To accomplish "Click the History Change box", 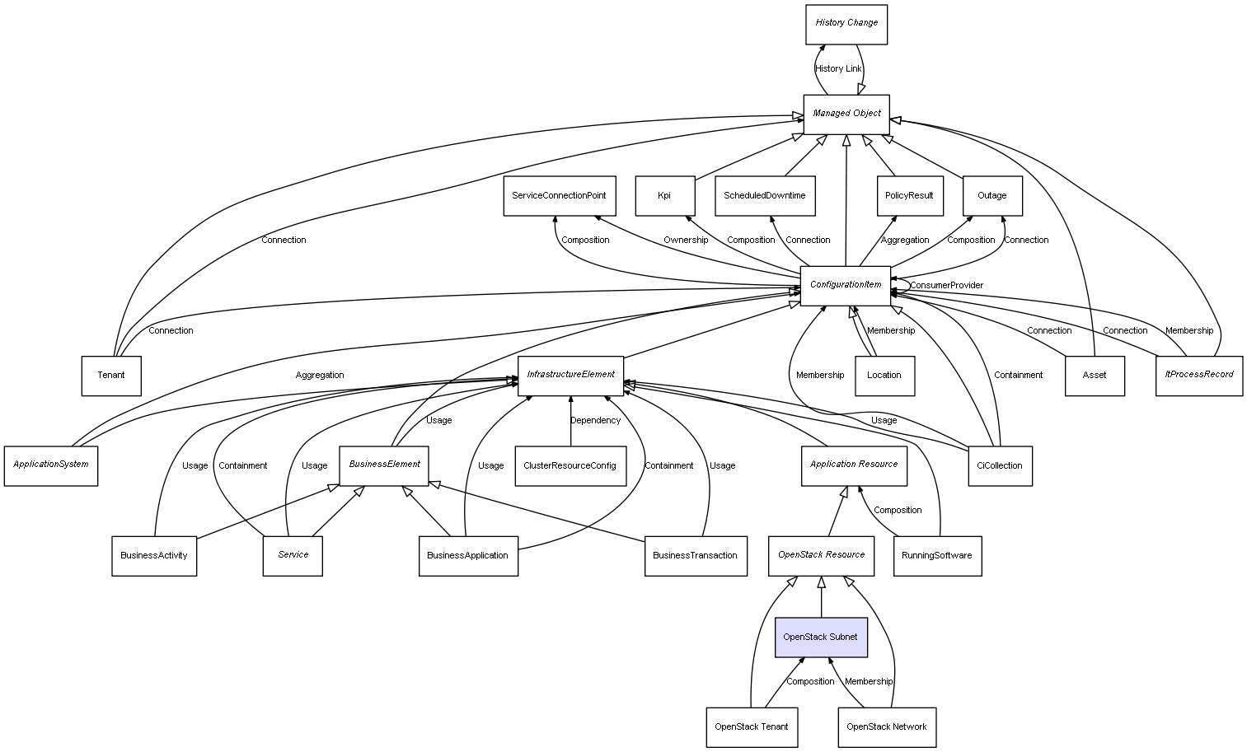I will pos(846,24).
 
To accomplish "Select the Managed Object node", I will pos(846,114).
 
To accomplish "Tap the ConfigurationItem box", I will pos(846,285).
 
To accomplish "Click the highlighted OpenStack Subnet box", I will pos(821,638).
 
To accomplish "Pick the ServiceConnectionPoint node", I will pos(559,196).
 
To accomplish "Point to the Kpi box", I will pos(665,196).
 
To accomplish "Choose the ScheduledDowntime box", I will pos(765,196).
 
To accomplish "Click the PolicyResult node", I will pos(909,196).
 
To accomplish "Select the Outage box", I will pos(992,196).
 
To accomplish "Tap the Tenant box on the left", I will pos(111,376).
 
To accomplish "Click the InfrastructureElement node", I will pos(571,375).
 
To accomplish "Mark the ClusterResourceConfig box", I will pos(570,466).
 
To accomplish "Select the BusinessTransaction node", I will pos(696,556).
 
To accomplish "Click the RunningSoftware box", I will pos(937,556).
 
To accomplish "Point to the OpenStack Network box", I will pos(887,727).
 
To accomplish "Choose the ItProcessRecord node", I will pos(1199,375).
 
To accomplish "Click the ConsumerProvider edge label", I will pos(946,286).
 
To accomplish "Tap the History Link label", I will pos(838,69).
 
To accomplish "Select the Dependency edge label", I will pos(595,421).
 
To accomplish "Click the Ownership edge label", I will pos(686,241).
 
